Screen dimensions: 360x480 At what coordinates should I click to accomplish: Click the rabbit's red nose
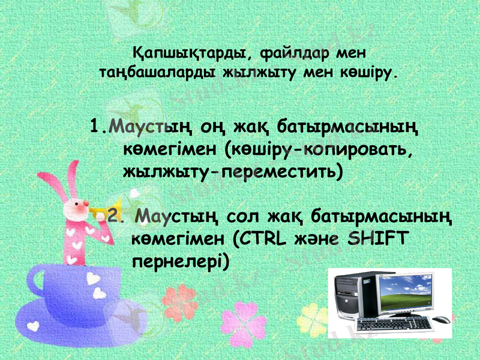(x=78, y=206)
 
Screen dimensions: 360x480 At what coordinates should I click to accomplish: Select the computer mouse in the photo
(x=440, y=319)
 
